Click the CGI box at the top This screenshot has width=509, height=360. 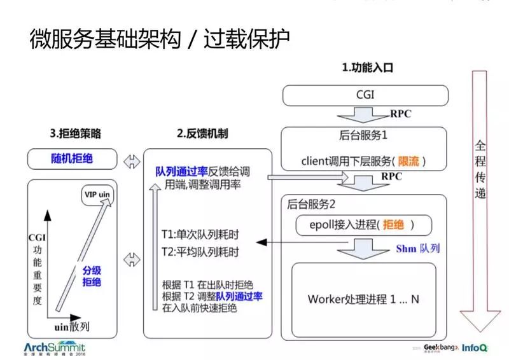pyautogui.click(x=365, y=95)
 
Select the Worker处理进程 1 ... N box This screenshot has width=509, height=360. pyautogui.click(x=363, y=298)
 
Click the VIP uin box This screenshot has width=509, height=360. pyautogui.click(x=97, y=193)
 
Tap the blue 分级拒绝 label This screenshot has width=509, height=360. pyautogui.click(x=92, y=275)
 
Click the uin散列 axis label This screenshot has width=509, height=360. pyautogui.click(x=70, y=326)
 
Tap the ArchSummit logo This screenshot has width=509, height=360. pyautogui.click(x=53, y=349)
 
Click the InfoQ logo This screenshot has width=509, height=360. pyautogui.click(x=475, y=349)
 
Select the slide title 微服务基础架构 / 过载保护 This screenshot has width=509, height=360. pyautogui.click(x=160, y=39)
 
